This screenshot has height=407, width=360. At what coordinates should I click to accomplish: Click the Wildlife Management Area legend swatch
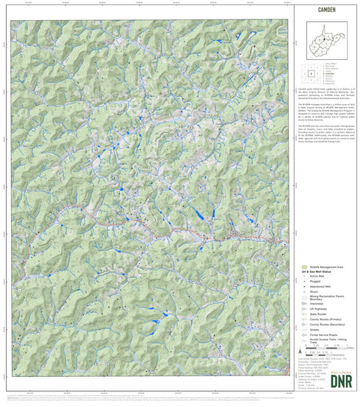click(304, 267)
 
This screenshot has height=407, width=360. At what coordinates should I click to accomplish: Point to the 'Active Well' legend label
click(319, 276)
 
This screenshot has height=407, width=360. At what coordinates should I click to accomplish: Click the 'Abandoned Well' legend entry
click(321, 286)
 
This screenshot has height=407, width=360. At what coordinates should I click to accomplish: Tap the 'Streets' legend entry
click(314, 330)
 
